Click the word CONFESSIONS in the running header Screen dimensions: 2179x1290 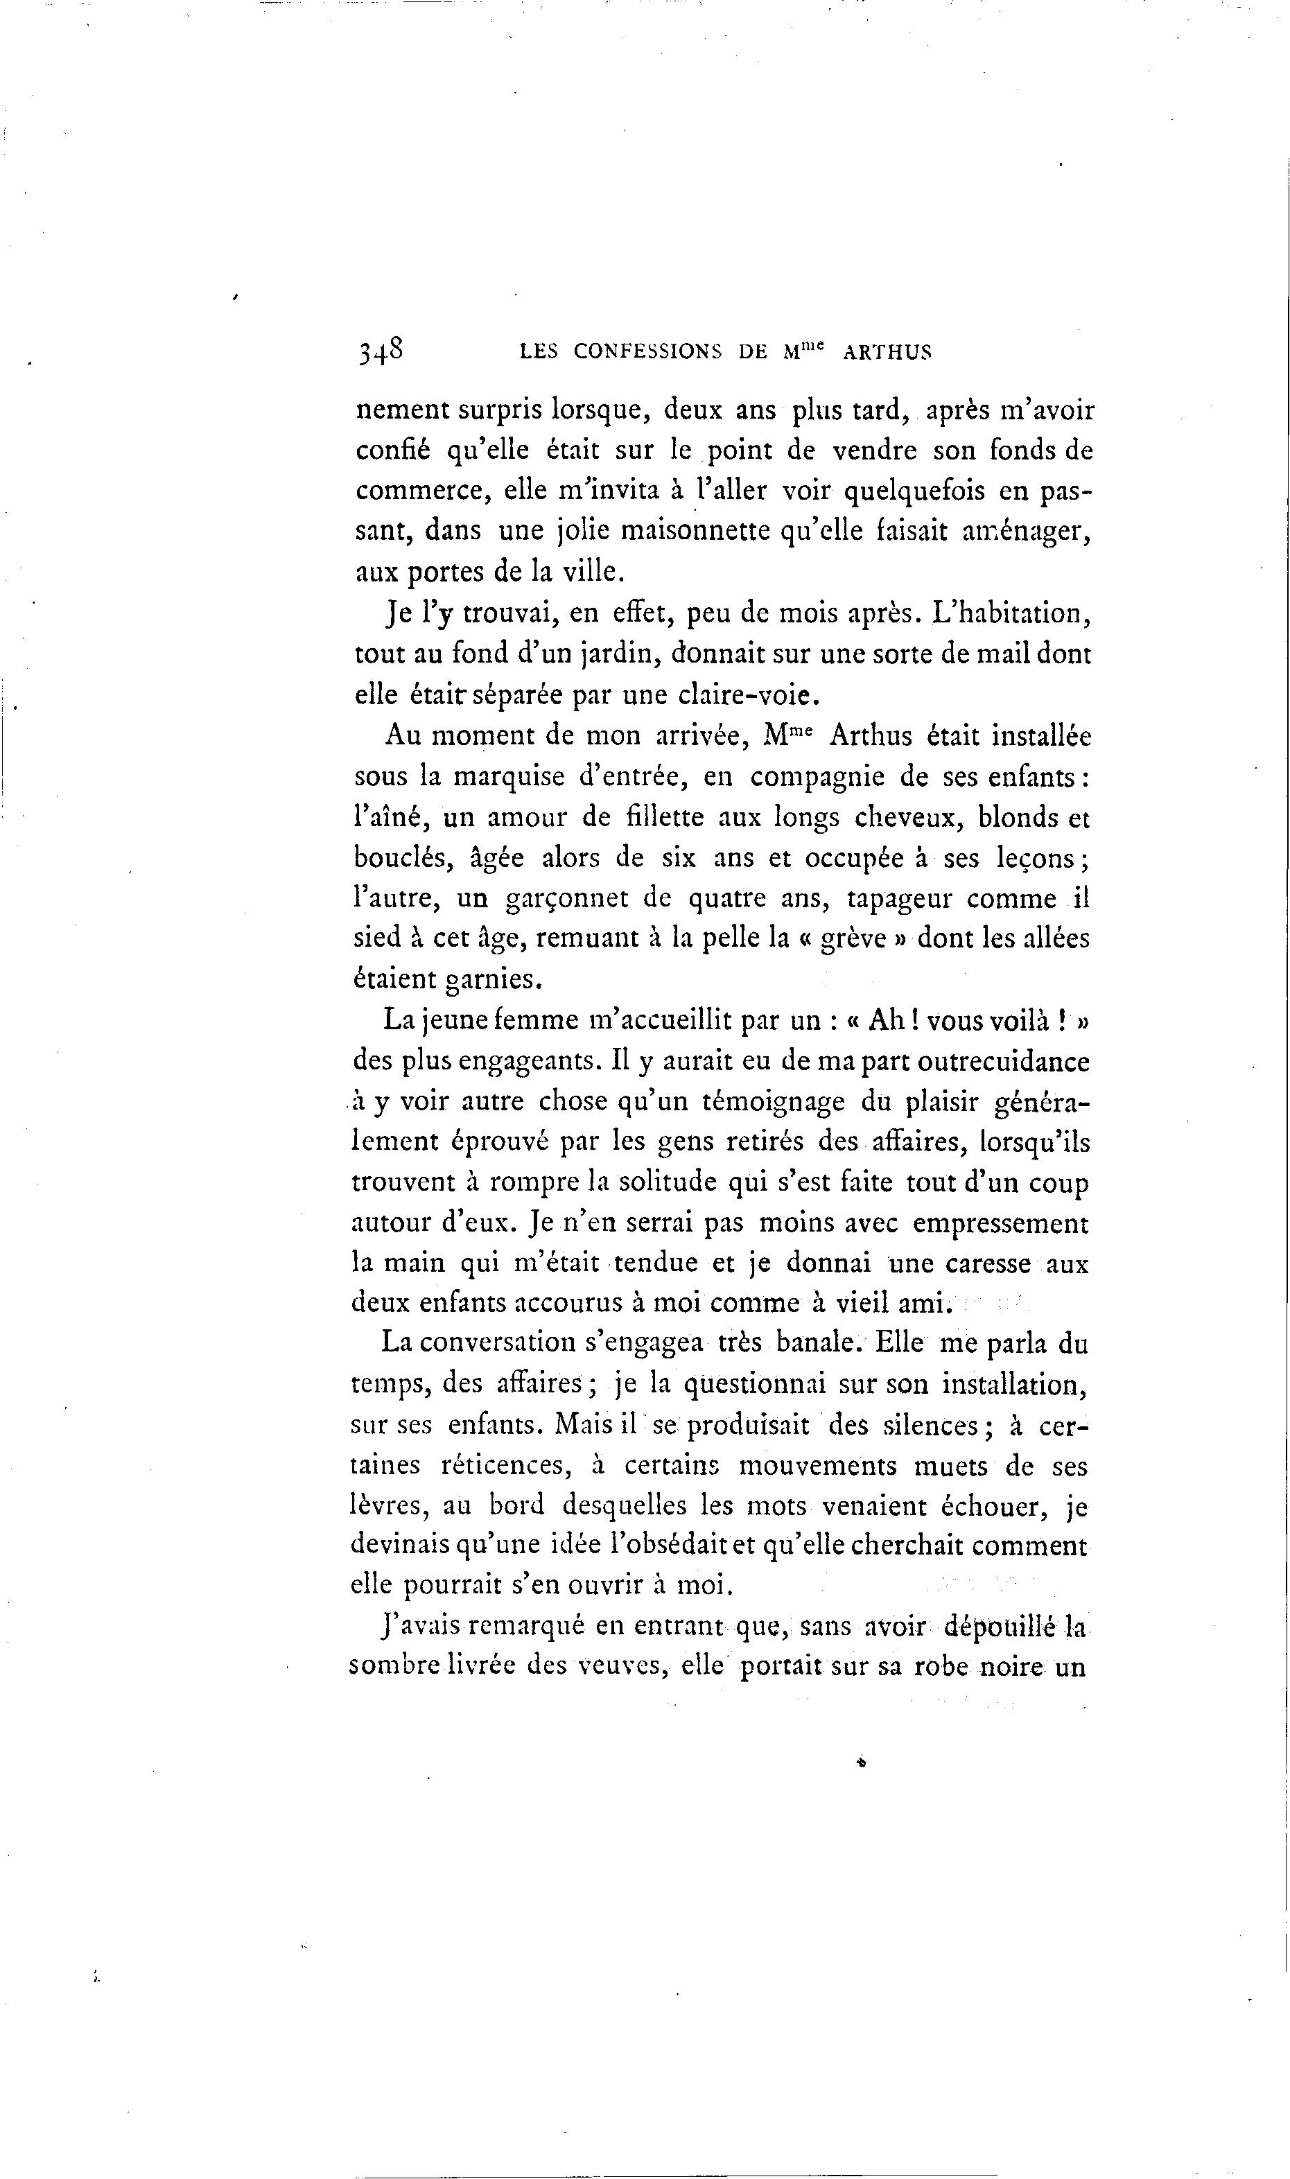[647, 351]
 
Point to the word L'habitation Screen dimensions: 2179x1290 [1010, 613]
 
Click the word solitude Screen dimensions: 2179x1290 [663, 1183]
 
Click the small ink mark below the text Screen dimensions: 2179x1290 [862, 1762]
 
